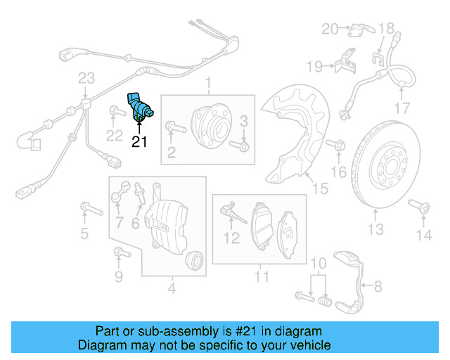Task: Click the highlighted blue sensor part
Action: tap(139, 108)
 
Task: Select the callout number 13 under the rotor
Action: tap(375, 229)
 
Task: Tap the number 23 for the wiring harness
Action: tap(86, 77)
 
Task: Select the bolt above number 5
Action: tap(89, 207)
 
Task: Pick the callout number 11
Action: tap(262, 277)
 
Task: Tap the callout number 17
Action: tap(401, 108)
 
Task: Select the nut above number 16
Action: tap(338, 146)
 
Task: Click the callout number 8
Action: tap(378, 287)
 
